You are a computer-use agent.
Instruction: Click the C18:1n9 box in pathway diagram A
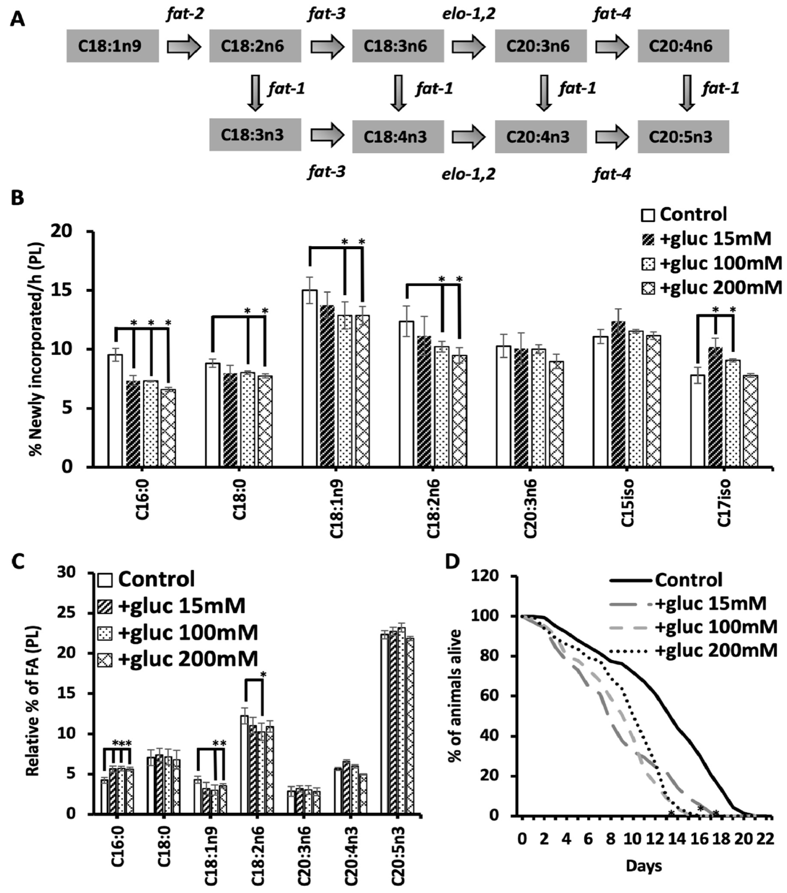(112, 46)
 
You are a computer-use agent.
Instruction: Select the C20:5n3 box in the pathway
(683, 137)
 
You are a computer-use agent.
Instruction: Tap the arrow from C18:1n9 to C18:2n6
(184, 46)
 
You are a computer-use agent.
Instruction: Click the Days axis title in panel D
(644, 865)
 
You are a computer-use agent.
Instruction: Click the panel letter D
(452, 562)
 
